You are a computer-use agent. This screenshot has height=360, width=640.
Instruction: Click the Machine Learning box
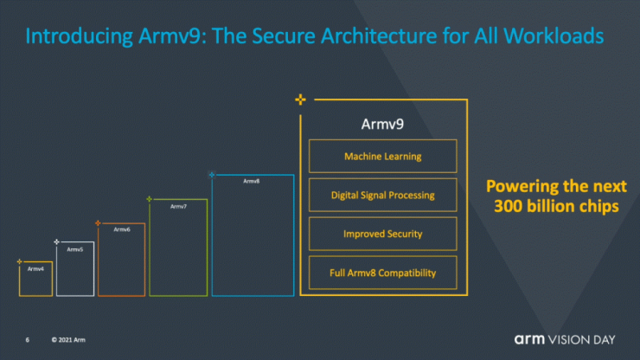tap(382, 157)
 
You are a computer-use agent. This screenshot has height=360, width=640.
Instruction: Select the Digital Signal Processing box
tap(382, 196)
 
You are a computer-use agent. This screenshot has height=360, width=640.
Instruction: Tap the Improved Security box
tap(382, 234)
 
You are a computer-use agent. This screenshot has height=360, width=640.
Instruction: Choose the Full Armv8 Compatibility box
tap(382, 273)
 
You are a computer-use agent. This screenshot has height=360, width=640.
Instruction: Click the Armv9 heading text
tap(382, 124)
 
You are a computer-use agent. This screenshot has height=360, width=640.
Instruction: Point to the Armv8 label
tap(251, 182)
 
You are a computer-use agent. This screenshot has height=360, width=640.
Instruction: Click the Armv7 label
tap(178, 206)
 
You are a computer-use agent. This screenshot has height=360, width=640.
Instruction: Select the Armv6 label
tap(121, 229)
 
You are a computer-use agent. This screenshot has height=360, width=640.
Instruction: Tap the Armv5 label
tap(75, 249)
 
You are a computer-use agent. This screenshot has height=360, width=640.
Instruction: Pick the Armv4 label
tap(35, 269)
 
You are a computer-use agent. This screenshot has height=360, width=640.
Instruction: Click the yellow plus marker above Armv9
tap(300, 100)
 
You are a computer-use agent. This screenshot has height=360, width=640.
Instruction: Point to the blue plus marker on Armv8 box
tap(212, 175)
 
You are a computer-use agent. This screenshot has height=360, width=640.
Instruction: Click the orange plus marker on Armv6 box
tap(98, 223)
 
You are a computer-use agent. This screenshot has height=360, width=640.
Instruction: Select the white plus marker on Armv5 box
tap(57, 242)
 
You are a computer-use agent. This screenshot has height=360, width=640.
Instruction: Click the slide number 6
tap(28, 339)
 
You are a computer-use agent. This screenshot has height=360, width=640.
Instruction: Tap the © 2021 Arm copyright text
tap(68, 339)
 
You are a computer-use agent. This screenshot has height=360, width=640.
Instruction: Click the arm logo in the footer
tap(534, 338)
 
